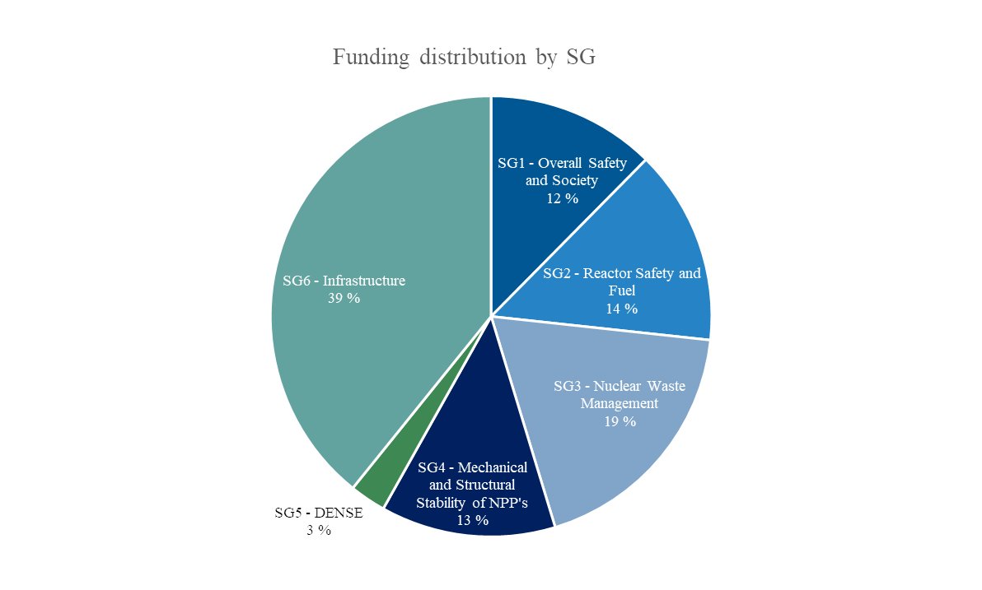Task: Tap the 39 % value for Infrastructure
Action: pos(344,299)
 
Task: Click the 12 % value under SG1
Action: pos(562,198)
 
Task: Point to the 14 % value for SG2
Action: pos(621,309)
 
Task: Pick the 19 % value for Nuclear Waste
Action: pos(619,421)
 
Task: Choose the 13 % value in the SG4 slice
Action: pos(472,520)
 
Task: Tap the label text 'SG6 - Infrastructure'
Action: pos(344,281)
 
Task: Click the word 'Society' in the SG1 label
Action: pos(574,180)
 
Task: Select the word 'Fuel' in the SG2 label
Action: pos(622,290)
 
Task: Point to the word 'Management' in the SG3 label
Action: pos(619,403)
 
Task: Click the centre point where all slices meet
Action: pos(491,316)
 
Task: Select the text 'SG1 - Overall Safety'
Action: pos(562,163)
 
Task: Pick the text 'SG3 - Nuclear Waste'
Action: pos(619,385)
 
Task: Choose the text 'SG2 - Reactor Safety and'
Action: pos(622,273)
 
